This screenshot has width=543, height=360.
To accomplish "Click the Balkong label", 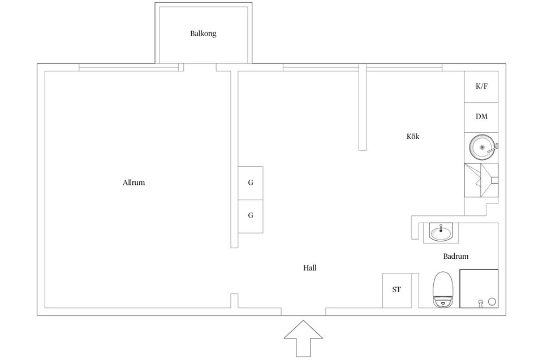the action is coord(203,33).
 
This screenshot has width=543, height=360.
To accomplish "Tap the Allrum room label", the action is coord(133,183).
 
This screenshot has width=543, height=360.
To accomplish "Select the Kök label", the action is coord(413,136).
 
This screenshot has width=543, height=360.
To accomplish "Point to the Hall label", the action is coord(309,267).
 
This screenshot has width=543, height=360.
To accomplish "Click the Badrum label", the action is coord(456,256).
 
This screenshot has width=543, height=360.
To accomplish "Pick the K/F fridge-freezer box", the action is coord(481,86).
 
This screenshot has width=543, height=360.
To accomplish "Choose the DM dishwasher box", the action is coord(481,118).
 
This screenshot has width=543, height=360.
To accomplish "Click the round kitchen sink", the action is coord(482,148).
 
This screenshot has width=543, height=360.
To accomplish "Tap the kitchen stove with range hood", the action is coord(481,180).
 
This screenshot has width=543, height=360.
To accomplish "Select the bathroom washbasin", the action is coord(441,232).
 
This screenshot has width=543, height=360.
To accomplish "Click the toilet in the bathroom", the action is coord(443,289).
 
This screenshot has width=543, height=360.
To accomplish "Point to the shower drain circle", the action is coord(492,301).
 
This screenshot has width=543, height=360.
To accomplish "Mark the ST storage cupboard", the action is coord(397,290).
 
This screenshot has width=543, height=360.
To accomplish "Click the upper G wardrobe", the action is coord(251,183).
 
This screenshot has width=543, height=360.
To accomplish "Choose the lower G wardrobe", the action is coord(251,216).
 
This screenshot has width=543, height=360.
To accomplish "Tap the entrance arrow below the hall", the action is coord(303,339).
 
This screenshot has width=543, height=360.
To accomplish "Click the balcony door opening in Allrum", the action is coord(200,67).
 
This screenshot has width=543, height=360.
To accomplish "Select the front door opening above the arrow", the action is coord(303,311).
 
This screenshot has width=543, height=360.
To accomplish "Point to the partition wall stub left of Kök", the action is coord(363,107).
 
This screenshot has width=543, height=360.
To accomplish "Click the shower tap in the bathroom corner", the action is coord(480,303).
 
